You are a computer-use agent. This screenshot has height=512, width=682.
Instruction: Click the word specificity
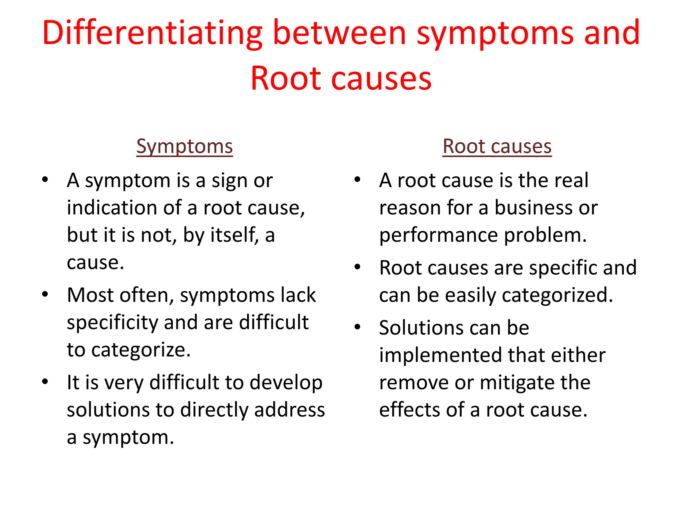[112, 323]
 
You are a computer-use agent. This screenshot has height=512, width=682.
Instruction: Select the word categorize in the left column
[141, 350]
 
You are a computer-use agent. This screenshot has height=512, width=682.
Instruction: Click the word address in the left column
[289, 410]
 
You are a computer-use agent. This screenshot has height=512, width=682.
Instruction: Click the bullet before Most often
[45, 294]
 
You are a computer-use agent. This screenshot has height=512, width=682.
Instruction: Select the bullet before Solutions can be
[358, 327]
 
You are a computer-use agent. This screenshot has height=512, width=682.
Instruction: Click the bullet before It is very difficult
[45, 381]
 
